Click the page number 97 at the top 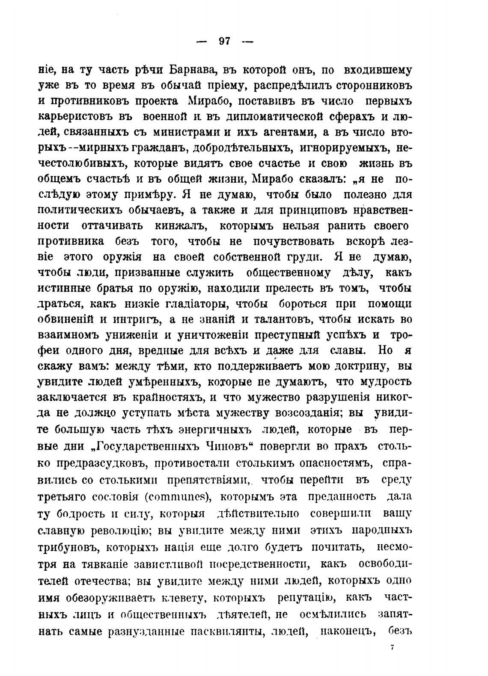[224, 41]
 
